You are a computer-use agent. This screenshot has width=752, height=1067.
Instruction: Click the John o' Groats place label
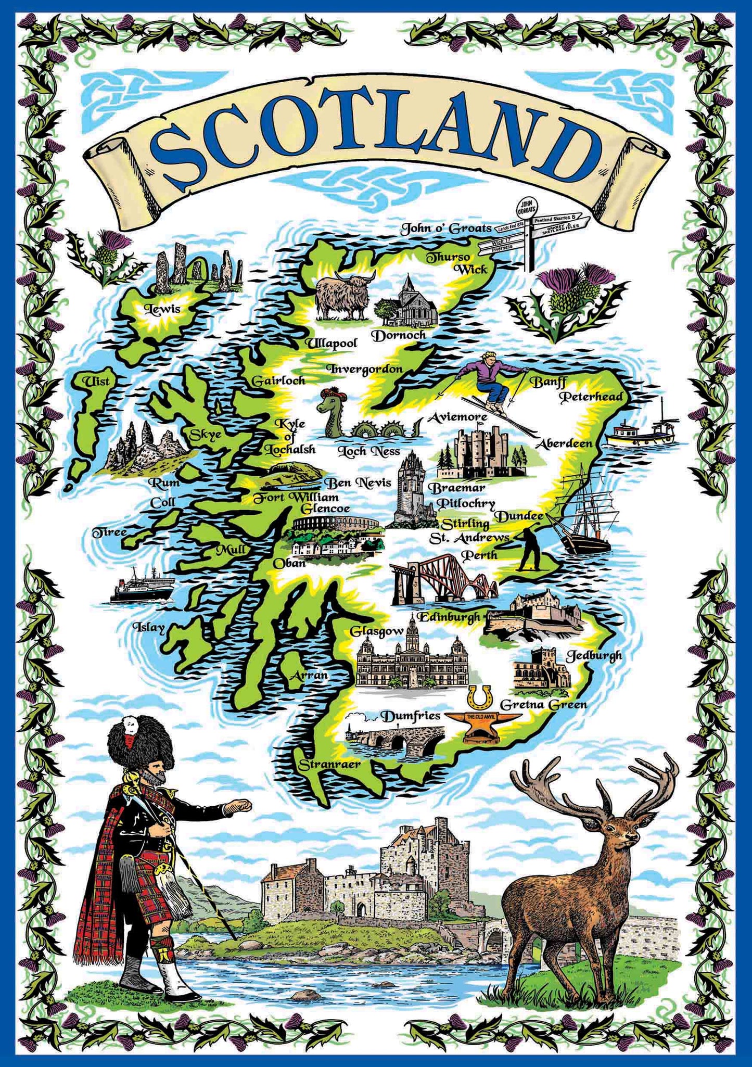coord(445,228)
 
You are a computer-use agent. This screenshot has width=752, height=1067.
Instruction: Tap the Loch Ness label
coord(368,451)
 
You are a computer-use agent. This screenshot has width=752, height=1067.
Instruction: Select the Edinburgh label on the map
coord(449,617)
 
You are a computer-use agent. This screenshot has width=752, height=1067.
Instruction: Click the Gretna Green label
coord(543,705)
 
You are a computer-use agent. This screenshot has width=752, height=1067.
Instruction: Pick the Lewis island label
coord(162,309)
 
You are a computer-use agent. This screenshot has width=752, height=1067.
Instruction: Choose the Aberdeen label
coord(564,443)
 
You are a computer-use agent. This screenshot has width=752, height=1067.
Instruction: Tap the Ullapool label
coord(331,344)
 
